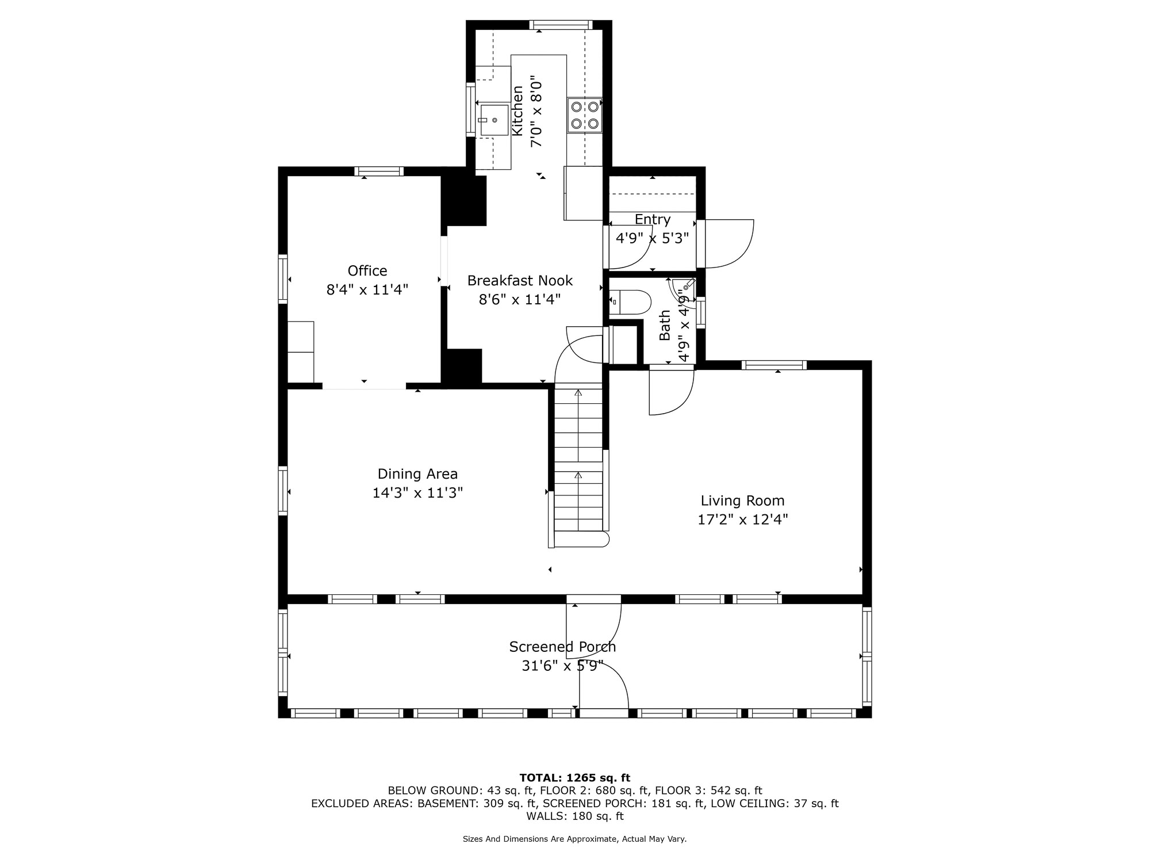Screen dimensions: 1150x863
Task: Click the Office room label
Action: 367,270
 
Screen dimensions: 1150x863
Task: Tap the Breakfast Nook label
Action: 520,280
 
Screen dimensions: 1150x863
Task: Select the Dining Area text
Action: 417,474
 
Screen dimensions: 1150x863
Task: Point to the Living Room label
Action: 742,501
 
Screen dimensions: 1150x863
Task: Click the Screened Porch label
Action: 562,647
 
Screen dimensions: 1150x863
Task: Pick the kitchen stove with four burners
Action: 585,114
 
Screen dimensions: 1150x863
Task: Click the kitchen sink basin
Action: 494,120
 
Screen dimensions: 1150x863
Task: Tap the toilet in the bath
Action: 630,301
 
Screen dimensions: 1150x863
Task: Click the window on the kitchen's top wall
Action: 561,25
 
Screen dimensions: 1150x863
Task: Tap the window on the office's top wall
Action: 379,171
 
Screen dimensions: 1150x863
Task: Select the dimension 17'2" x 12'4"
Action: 742,520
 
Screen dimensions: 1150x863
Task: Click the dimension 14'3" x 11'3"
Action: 417,493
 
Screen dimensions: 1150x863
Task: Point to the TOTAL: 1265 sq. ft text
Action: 575,778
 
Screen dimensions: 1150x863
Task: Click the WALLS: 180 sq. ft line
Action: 575,816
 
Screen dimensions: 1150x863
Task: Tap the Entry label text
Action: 653,220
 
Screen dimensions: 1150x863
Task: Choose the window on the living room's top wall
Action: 774,365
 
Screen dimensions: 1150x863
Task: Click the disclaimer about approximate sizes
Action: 575,839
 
